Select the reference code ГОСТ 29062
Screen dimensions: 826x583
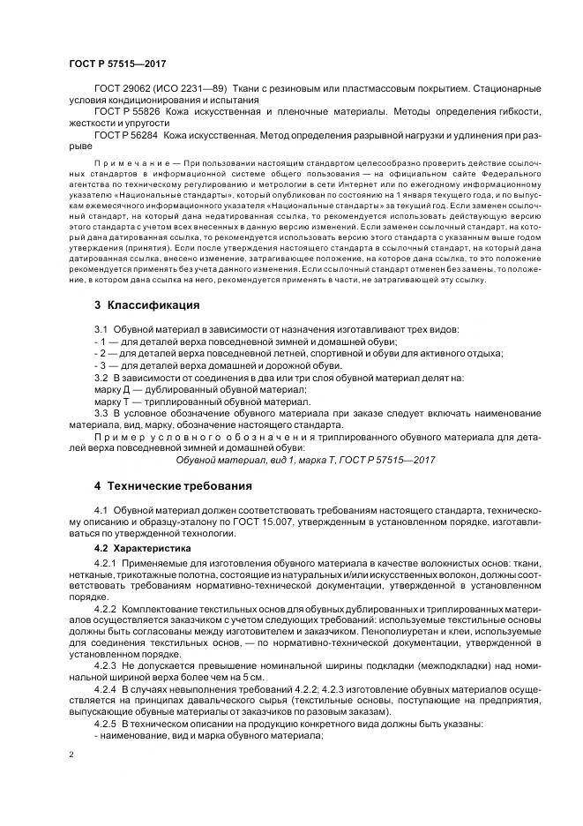(121, 89)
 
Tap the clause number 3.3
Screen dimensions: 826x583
(101, 411)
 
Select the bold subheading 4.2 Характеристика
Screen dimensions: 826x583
(142, 548)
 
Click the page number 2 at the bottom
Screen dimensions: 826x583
(71, 755)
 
